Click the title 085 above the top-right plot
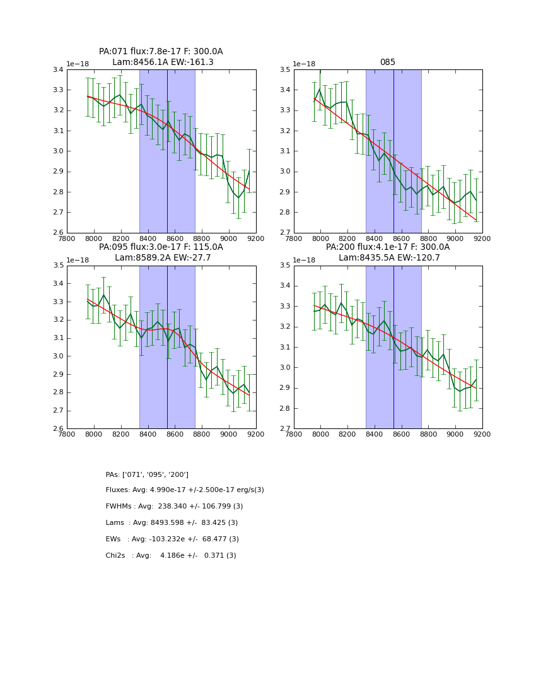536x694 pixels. (x=387, y=62)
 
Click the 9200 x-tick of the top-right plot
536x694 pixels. (x=482, y=238)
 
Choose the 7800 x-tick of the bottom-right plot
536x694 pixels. (x=294, y=434)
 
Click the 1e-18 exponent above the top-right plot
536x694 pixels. (x=305, y=64)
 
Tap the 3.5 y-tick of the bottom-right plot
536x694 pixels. (x=284, y=266)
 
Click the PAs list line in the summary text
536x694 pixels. (x=147, y=474)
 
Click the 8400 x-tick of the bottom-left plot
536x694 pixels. (x=148, y=434)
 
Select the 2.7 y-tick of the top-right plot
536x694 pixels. (x=284, y=233)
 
